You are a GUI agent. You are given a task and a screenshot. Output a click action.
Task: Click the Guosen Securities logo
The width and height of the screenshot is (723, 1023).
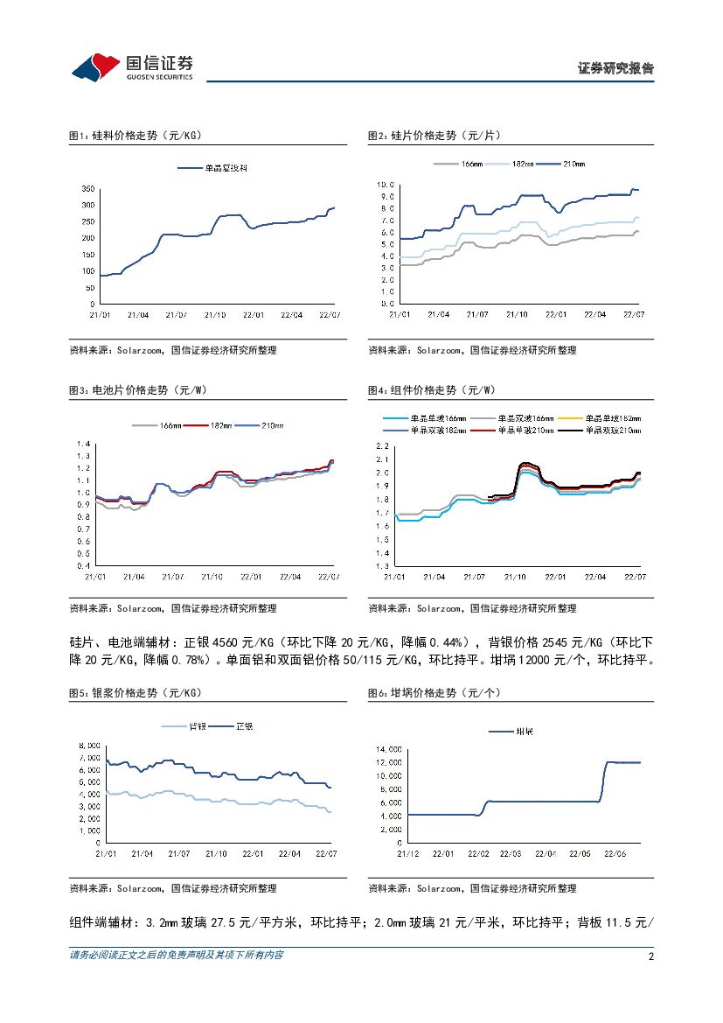point(132,65)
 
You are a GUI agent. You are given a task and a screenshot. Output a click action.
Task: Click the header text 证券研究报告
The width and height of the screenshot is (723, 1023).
point(615,68)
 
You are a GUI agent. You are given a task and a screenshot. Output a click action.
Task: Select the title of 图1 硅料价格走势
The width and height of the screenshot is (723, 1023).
point(136,136)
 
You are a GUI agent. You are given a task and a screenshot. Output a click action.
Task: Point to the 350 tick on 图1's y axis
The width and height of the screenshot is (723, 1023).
point(87,188)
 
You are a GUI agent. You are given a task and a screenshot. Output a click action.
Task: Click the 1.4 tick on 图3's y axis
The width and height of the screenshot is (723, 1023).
point(85,444)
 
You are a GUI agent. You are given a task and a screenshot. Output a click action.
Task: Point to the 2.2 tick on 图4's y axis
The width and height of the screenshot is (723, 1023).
point(383,446)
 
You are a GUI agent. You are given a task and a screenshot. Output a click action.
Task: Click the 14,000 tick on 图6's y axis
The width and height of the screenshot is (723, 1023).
point(389,749)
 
